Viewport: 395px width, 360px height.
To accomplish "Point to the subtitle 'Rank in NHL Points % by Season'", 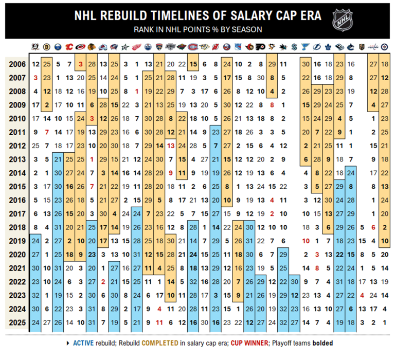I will pos(197,30).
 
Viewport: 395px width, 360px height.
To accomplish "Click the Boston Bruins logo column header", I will pos(46,47).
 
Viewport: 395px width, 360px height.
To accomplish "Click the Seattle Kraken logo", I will pos(295,47).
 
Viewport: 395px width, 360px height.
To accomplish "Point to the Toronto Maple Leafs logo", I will pos(328,47).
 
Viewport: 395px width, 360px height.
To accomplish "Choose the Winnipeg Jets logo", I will pos(384,47).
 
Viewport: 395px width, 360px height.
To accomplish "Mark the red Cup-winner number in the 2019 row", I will pos(306,241).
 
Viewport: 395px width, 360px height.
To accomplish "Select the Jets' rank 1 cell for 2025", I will pos(384,322).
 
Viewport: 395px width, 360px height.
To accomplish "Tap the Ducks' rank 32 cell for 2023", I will pos(35,295).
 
